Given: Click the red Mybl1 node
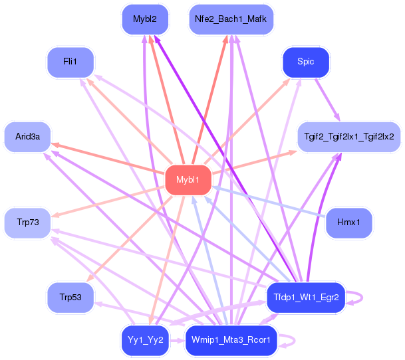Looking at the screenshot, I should [x=188, y=180].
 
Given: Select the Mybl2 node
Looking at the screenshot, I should [x=145, y=19].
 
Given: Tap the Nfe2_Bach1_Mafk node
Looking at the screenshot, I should [x=231, y=19].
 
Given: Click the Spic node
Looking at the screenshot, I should [x=306, y=62].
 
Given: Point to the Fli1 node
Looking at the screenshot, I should [x=70, y=62].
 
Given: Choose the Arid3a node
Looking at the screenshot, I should [x=28, y=136].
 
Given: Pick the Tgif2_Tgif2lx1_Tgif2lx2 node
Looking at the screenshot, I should [x=349, y=136].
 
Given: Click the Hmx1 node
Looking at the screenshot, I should [x=349, y=223].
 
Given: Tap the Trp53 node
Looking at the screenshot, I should [x=70, y=297].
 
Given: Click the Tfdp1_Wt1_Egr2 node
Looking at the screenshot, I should [x=307, y=297].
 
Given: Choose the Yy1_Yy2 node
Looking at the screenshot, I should [x=145, y=340].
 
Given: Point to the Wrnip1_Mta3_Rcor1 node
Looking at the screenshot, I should [x=231, y=340].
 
